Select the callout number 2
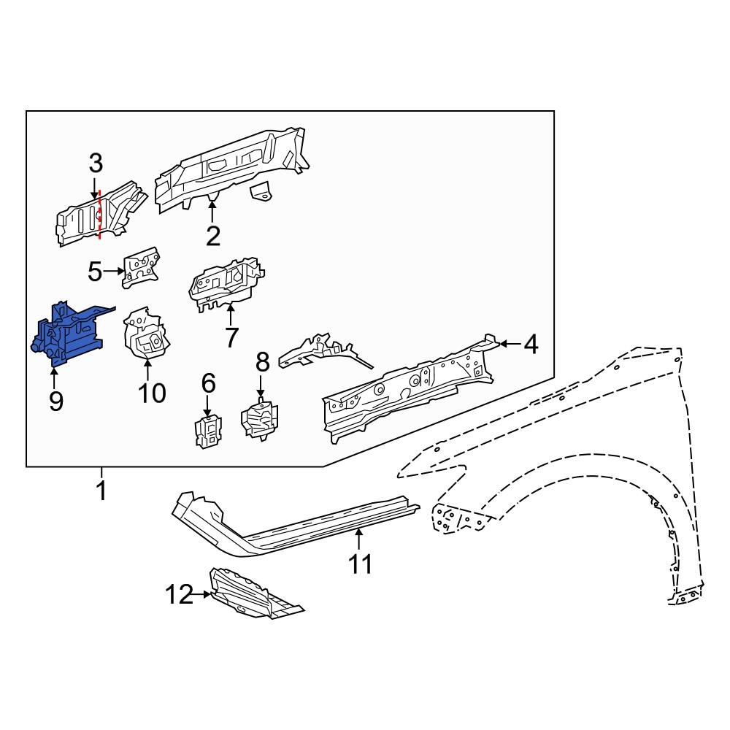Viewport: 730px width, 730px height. click(x=212, y=236)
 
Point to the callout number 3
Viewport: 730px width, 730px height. click(x=97, y=164)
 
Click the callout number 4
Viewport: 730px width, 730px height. click(x=531, y=344)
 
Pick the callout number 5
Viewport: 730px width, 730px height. click(x=95, y=272)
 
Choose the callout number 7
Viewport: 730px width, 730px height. click(x=231, y=337)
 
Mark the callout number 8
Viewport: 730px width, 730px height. click(x=262, y=361)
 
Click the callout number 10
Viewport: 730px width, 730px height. click(x=153, y=393)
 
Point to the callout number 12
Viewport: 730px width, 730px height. click(x=177, y=596)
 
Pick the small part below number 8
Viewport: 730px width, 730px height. click(x=260, y=419)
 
